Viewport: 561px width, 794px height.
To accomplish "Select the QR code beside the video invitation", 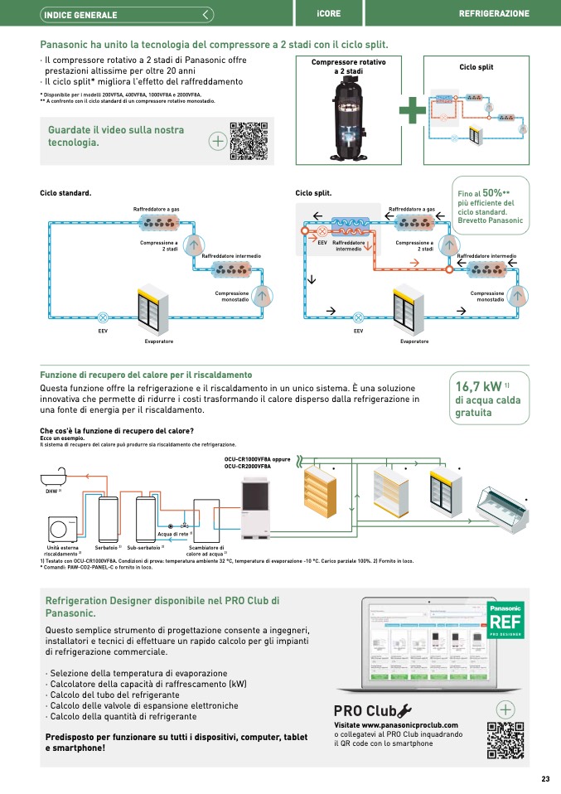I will (x=249, y=140).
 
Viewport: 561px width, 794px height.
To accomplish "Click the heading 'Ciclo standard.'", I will (x=65, y=193).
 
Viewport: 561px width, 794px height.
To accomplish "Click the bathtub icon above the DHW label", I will (x=56, y=479).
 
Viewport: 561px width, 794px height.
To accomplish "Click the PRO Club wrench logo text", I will (x=372, y=709).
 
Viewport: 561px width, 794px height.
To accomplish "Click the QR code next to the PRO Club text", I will (x=505, y=739).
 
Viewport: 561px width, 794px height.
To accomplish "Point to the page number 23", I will (x=545, y=778).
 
